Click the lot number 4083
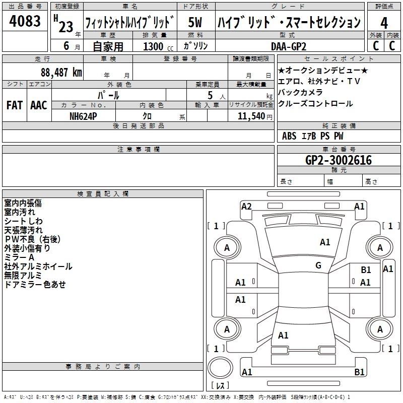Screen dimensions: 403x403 [x=25, y=22]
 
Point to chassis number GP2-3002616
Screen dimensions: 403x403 [x=338, y=160]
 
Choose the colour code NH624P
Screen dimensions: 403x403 [x=83, y=115]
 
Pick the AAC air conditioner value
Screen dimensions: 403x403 [x=39, y=105]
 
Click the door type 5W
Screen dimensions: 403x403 [x=195, y=22]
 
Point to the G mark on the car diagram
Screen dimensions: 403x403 [x=318, y=265]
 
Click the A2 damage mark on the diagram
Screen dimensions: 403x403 [x=246, y=206]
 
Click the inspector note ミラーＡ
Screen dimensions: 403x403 [x=20, y=257]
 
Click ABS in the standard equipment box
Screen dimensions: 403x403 [x=289, y=136]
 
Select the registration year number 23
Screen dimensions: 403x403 [x=66, y=27]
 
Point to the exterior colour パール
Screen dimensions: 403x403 [x=108, y=94]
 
